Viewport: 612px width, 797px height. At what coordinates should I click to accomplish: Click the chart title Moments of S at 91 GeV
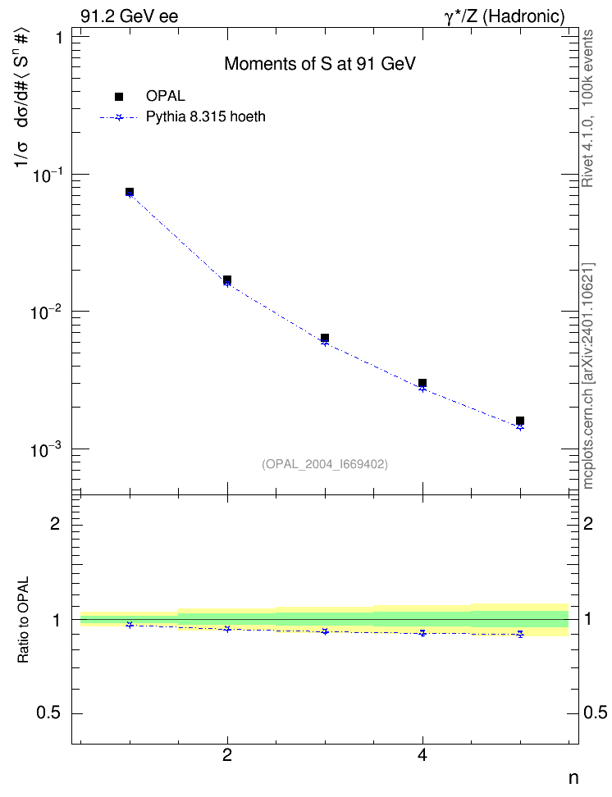point(320,64)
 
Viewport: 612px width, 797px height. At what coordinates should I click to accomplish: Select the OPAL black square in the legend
point(119,97)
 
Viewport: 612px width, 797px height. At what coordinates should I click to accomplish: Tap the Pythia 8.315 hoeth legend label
point(206,117)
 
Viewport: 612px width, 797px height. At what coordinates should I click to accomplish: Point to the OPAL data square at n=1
point(130,192)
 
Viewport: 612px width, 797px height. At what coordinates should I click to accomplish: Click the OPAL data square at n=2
point(227,280)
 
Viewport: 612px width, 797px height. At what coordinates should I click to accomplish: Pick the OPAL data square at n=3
point(325,338)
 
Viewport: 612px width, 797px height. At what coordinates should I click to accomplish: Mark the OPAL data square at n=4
point(422,383)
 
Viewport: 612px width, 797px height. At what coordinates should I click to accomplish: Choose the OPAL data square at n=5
point(520,421)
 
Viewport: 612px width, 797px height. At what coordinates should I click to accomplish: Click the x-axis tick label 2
point(227,755)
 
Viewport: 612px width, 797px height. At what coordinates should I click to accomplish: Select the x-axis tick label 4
point(422,755)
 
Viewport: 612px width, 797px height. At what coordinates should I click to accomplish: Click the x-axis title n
point(573,778)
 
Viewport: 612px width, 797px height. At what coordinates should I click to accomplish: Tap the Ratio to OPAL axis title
point(23,620)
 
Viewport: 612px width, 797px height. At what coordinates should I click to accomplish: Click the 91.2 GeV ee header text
point(130,16)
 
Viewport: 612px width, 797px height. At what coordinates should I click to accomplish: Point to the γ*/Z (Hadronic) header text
point(505,16)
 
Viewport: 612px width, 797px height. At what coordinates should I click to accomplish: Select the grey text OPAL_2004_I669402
point(325,464)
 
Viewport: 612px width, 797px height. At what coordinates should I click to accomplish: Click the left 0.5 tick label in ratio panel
point(48,713)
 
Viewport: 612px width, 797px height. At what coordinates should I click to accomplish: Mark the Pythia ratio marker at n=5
point(520,635)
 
